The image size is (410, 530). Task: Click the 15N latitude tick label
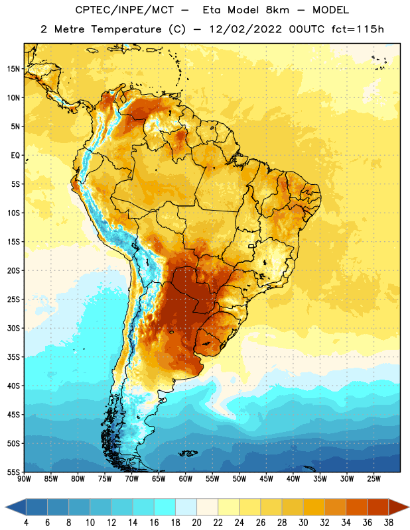(13, 69)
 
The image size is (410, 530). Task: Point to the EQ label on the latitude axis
(15, 156)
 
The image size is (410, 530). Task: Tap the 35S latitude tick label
(13, 357)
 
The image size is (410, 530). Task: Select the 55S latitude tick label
(13, 472)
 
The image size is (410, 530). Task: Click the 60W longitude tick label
(186, 479)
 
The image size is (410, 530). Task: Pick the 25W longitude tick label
(374, 479)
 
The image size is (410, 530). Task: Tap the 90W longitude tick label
(24, 479)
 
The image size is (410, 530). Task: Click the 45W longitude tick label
(266, 479)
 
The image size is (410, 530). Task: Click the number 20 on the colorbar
(196, 523)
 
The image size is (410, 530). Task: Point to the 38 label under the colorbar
(388, 523)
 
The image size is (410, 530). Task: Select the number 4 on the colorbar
(26, 523)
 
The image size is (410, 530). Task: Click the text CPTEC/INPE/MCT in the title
(125, 10)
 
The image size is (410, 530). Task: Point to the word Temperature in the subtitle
(126, 29)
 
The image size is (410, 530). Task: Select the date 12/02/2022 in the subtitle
(245, 29)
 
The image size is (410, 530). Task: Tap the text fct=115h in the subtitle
(358, 29)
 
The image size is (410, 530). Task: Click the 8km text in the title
(277, 10)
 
